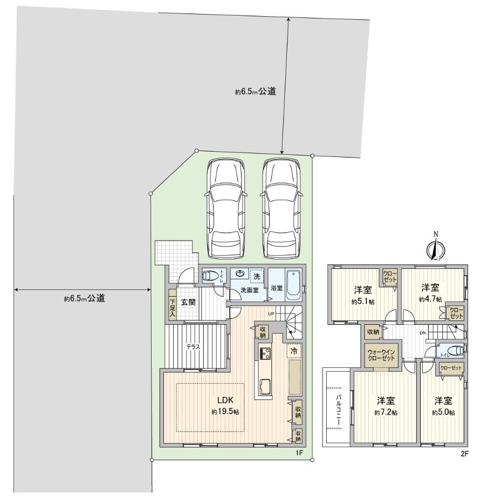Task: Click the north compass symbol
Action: click(x=436, y=249)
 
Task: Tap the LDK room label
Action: click(x=225, y=400)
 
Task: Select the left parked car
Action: click(x=227, y=208)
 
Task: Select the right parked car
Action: click(x=281, y=208)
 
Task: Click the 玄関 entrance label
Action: click(x=188, y=302)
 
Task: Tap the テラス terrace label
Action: click(x=194, y=347)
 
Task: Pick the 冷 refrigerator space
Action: click(x=294, y=351)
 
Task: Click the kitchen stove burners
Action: click(x=265, y=354)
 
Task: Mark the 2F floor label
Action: click(x=464, y=454)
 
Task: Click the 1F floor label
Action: click(x=299, y=453)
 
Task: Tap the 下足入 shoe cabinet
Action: click(x=173, y=308)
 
